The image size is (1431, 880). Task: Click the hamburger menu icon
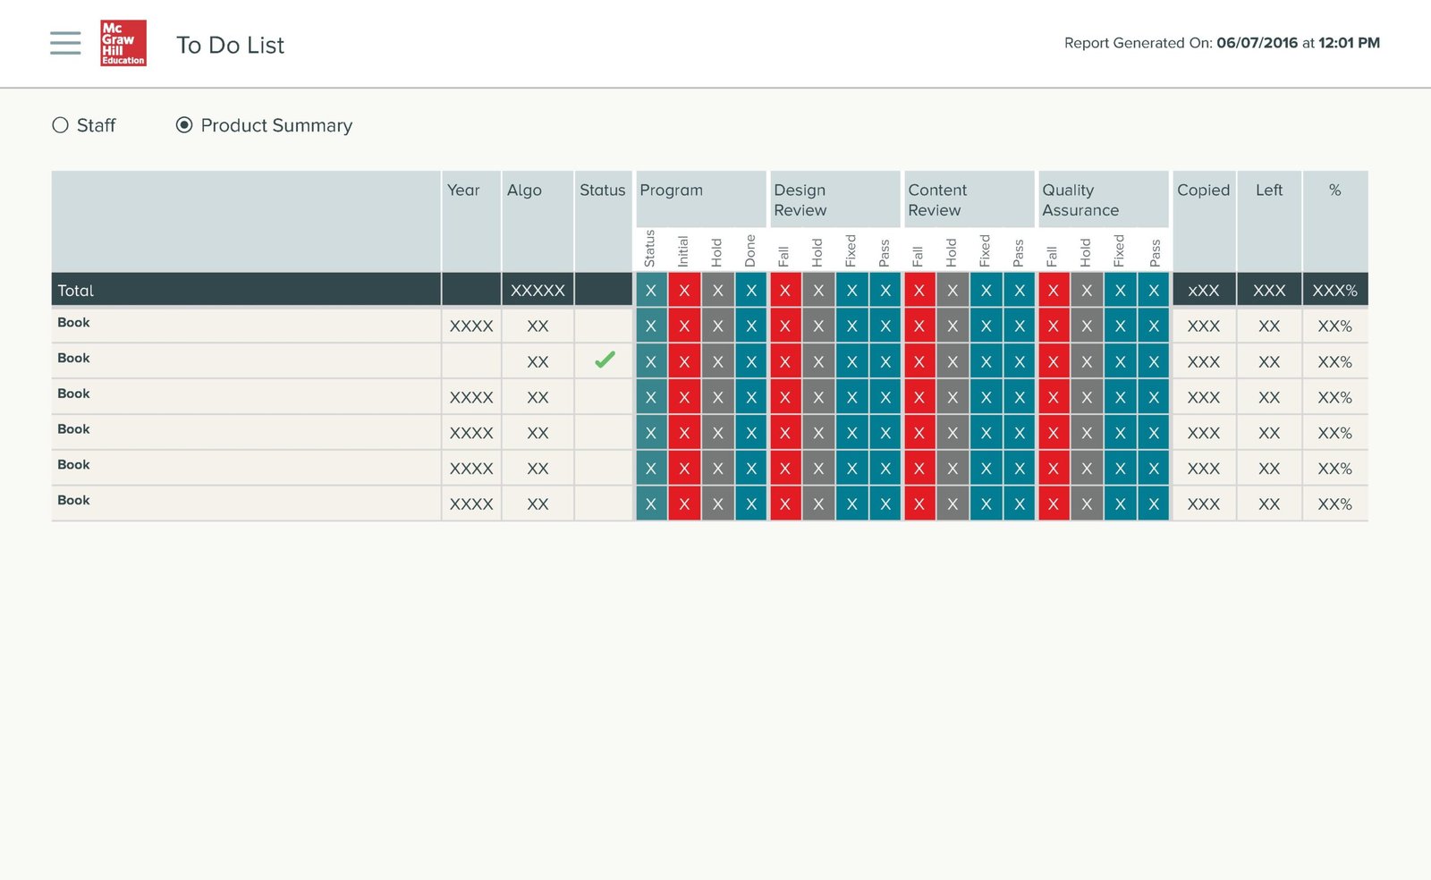[x=65, y=44]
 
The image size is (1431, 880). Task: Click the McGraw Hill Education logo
[x=123, y=43]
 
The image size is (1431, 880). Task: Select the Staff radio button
[x=60, y=125]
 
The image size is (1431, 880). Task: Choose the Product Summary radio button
[x=184, y=125]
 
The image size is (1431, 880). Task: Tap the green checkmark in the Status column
[x=605, y=360]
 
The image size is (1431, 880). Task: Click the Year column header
[x=463, y=190]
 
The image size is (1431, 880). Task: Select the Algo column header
[x=524, y=190]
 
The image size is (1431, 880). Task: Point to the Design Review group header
[x=800, y=200]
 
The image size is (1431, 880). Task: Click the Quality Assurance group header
[x=1080, y=200]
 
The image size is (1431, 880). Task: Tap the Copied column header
[x=1204, y=190]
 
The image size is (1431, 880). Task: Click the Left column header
[x=1269, y=190]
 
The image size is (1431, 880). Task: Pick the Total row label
[x=75, y=291]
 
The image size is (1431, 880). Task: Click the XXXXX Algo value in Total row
[x=538, y=291]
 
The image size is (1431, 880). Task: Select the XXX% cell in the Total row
[x=1334, y=291]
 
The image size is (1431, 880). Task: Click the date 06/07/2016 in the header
[x=1257, y=43]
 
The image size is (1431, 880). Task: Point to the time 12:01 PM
[x=1349, y=43]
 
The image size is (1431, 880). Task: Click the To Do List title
[x=230, y=45]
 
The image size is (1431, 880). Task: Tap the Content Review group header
[x=937, y=200]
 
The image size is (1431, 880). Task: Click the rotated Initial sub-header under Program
[x=683, y=251]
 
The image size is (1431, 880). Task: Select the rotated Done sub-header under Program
[x=750, y=250]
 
